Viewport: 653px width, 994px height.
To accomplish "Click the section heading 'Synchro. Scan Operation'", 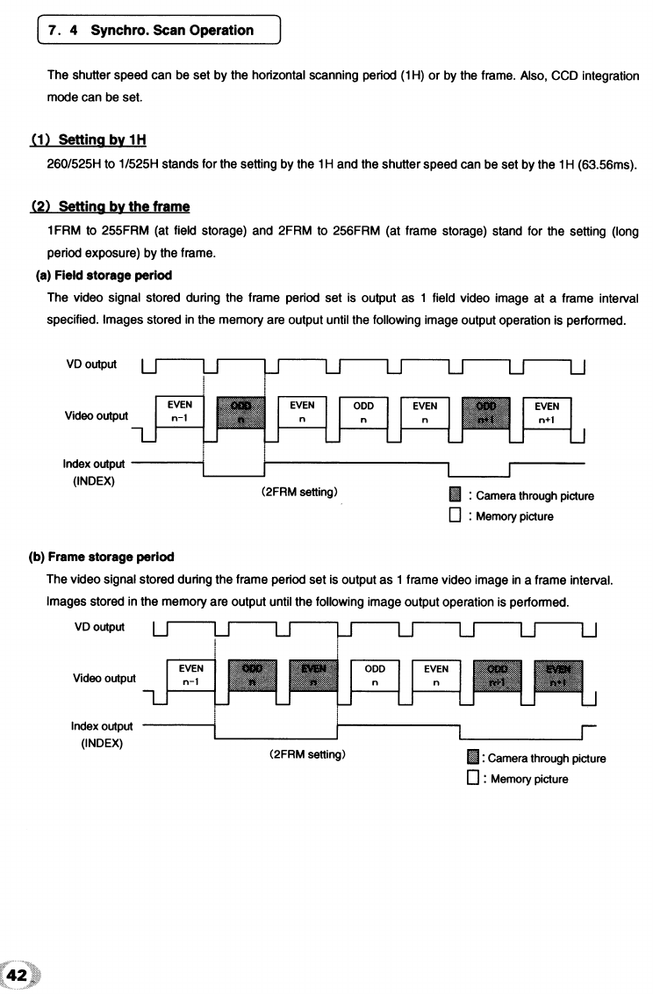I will (177, 30).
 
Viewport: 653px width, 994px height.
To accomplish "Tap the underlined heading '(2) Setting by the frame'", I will (111, 207).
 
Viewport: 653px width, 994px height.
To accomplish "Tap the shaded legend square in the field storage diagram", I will (455, 495).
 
